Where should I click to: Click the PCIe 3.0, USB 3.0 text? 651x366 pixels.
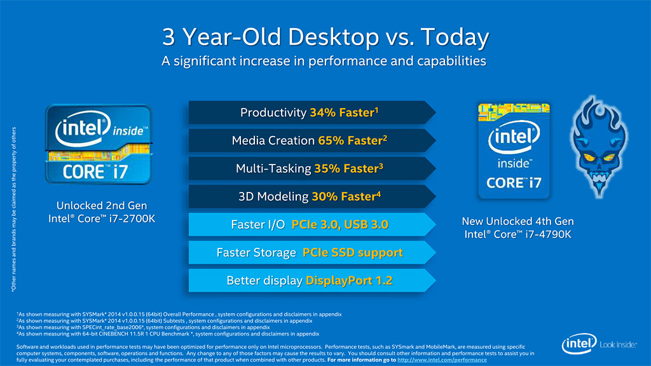tap(339, 224)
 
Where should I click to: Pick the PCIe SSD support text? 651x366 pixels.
tap(352, 252)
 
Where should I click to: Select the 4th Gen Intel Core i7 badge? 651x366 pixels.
tap(514, 151)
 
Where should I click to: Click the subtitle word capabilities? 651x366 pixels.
tap(450, 61)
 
